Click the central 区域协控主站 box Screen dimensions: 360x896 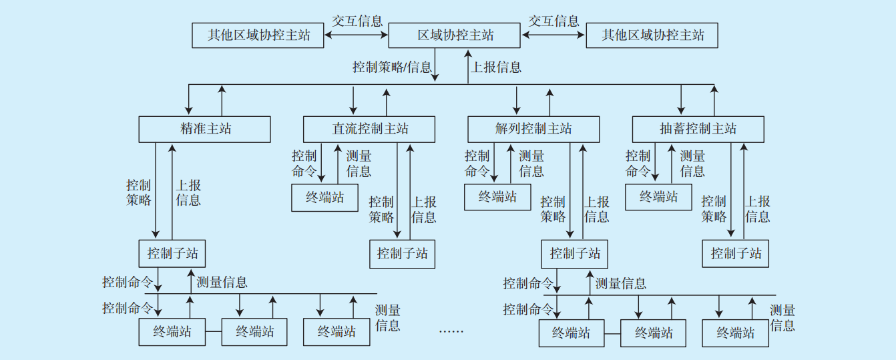coord(455,35)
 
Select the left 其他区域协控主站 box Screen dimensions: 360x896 coord(258,35)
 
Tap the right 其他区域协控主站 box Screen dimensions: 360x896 coord(652,35)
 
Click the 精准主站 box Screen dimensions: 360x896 coord(205,129)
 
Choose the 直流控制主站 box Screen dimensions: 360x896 coord(369,129)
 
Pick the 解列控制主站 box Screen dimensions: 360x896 coord(533,129)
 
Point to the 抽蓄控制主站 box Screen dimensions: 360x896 coord(698,129)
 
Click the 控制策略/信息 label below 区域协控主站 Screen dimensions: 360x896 coord(392,67)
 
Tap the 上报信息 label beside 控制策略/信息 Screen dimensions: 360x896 coord(496,67)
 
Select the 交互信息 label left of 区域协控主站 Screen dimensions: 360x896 coord(357,21)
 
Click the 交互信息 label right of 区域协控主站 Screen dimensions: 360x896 coord(553,21)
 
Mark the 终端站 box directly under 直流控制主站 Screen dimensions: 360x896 coord(324,197)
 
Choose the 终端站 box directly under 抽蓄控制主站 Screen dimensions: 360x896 coord(658,196)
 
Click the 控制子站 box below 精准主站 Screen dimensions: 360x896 coord(172,253)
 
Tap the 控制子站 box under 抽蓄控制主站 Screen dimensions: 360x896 coord(736,254)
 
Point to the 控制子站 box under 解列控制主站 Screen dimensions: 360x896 coord(575,254)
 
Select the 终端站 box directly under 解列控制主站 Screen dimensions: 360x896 coord(497,196)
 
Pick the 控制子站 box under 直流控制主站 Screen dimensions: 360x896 coord(403,254)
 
